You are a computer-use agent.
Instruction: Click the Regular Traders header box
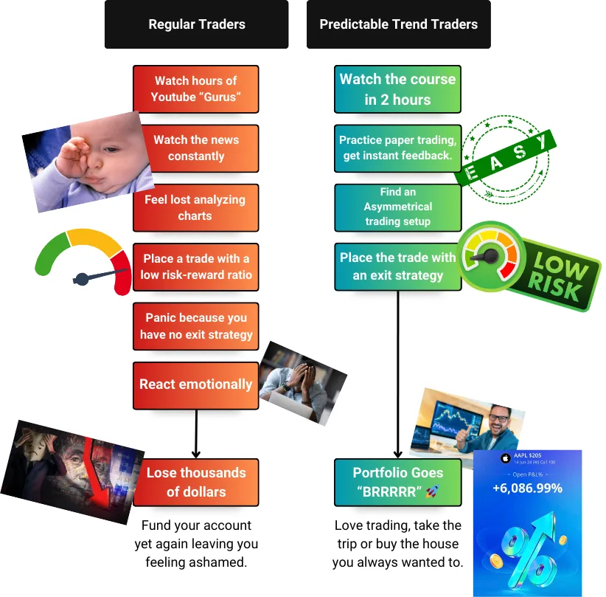click(x=196, y=24)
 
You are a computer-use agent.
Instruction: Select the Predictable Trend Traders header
click(x=398, y=24)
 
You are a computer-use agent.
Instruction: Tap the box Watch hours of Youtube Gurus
click(x=195, y=89)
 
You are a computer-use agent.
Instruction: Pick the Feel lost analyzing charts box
click(x=195, y=207)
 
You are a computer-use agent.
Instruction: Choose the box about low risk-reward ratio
click(x=196, y=266)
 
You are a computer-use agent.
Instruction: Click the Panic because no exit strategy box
click(x=195, y=326)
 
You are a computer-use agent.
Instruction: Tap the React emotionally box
click(x=195, y=384)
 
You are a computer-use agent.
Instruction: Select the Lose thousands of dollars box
click(x=195, y=482)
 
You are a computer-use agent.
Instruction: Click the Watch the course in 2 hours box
click(x=398, y=89)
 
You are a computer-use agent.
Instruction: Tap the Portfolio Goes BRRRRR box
click(x=398, y=482)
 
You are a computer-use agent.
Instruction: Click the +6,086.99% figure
click(x=527, y=488)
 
